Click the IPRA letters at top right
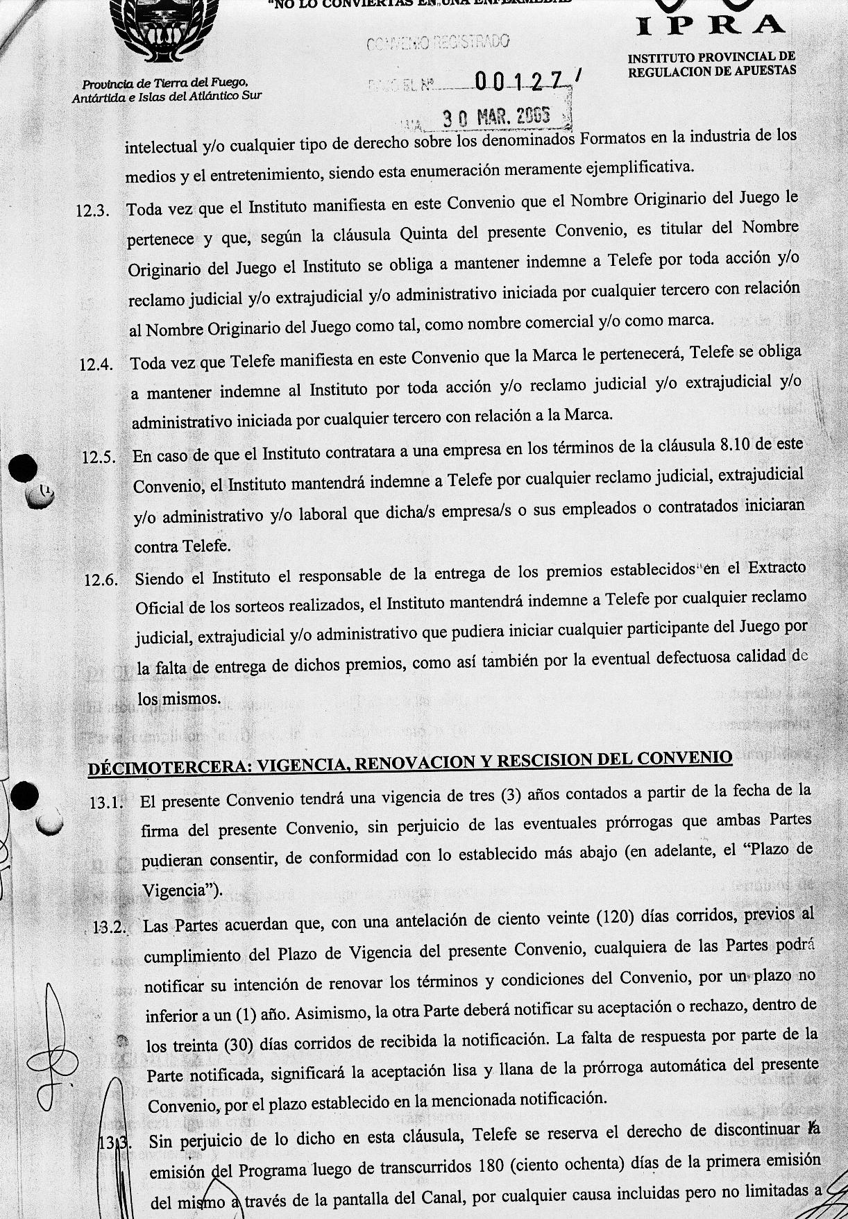[x=711, y=25]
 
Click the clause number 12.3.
[x=92, y=210]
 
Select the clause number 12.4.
[x=96, y=363]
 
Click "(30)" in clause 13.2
[x=243, y=1044]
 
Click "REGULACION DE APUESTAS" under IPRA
[x=712, y=70]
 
